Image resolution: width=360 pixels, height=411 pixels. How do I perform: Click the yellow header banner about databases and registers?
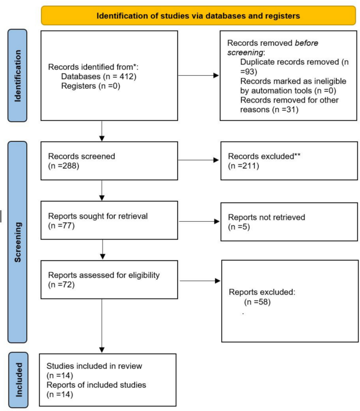tap(198, 15)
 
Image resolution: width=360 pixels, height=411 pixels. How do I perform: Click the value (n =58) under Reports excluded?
tap(257, 302)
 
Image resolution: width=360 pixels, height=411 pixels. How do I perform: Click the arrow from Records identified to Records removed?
tap(199, 76)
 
